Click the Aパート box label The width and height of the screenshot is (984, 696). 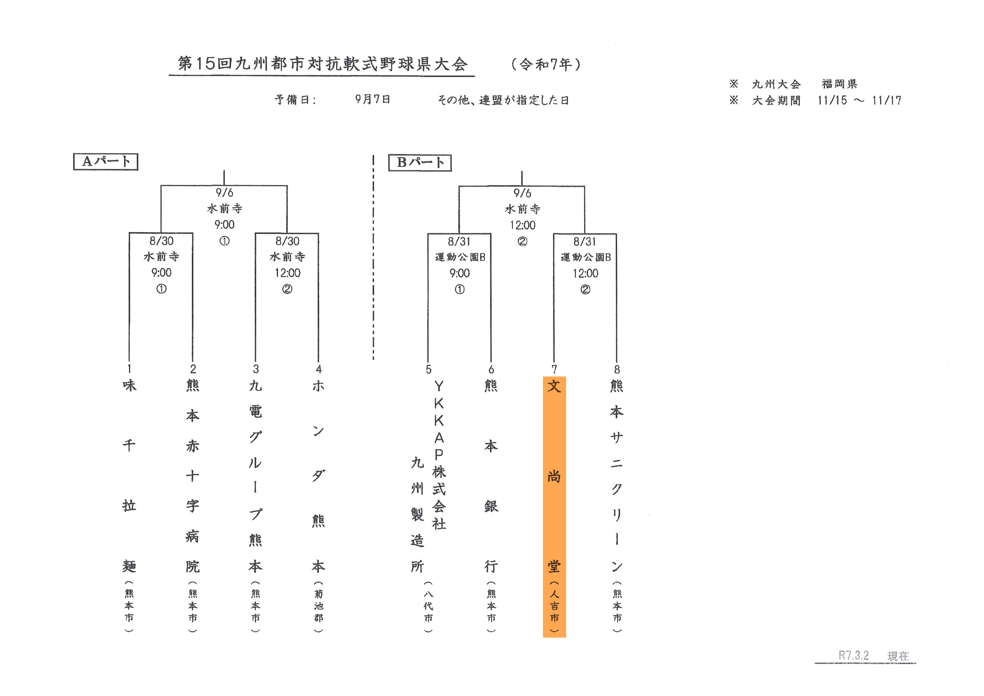click(x=105, y=162)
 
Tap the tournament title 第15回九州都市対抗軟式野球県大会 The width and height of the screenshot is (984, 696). click(x=322, y=64)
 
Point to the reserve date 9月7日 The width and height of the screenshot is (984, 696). click(x=373, y=99)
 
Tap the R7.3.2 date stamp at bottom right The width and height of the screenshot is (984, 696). click(x=854, y=655)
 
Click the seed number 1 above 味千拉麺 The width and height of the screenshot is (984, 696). click(x=129, y=368)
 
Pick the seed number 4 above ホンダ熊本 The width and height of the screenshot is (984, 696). click(x=319, y=369)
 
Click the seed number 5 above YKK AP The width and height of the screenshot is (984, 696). click(x=429, y=369)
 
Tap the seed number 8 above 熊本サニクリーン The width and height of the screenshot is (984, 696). click(x=617, y=369)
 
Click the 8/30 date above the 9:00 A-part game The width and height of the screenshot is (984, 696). click(x=162, y=241)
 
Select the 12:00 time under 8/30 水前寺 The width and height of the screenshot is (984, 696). click(x=287, y=273)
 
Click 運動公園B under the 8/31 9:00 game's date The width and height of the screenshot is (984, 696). click(x=460, y=257)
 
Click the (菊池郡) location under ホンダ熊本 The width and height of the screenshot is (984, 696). click(x=319, y=606)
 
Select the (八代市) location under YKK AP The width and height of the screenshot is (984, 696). click(x=429, y=606)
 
